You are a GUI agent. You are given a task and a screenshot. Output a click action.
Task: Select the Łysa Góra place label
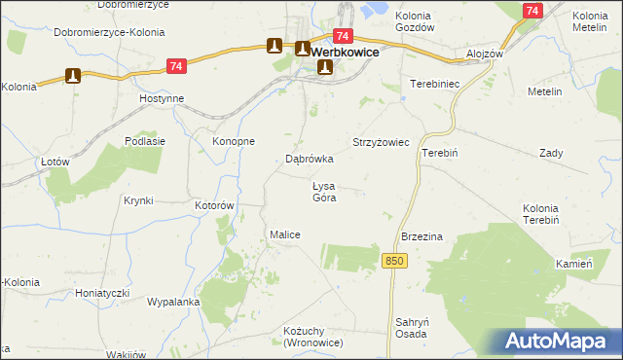(323, 192)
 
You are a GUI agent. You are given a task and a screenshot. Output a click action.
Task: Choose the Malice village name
(284, 234)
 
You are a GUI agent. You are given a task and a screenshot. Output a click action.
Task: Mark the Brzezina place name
(422, 236)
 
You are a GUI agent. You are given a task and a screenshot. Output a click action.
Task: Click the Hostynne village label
(162, 100)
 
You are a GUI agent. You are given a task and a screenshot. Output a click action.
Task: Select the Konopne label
(234, 141)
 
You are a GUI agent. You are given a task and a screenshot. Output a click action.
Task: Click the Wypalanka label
(173, 302)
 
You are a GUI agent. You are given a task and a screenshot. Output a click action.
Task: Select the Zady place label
(552, 154)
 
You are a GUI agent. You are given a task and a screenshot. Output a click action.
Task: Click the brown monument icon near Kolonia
(71, 75)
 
